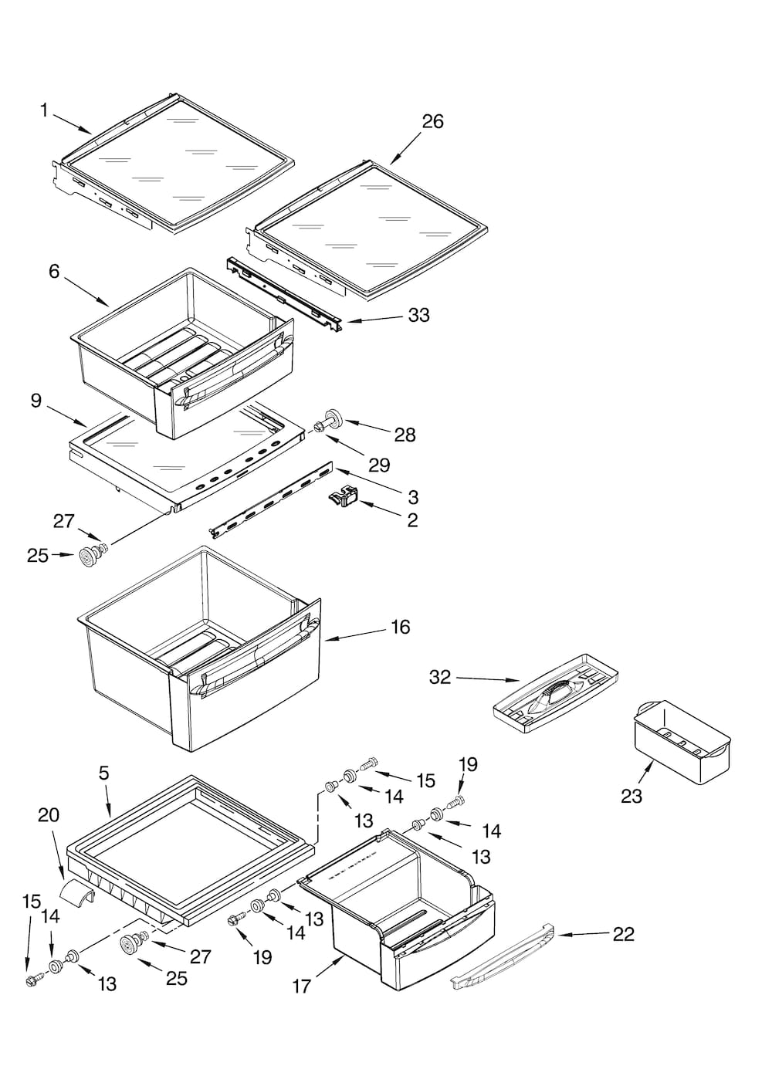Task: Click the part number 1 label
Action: click(x=44, y=111)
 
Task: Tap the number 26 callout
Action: click(x=432, y=121)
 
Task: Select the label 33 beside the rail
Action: click(x=418, y=315)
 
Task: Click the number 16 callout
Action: click(x=400, y=627)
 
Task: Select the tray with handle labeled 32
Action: click(x=556, y=691)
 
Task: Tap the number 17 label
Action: click(x=302, y=986)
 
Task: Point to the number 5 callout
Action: click(x=103, y=773)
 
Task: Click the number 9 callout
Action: click(x=36, y=401)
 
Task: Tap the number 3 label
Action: click(x=413, y=496)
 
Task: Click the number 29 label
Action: click(x=378, y=465)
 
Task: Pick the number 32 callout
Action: click(x=439, y=677)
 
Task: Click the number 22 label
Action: click(x=623, y=934)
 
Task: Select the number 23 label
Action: click(x=631, y=796)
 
